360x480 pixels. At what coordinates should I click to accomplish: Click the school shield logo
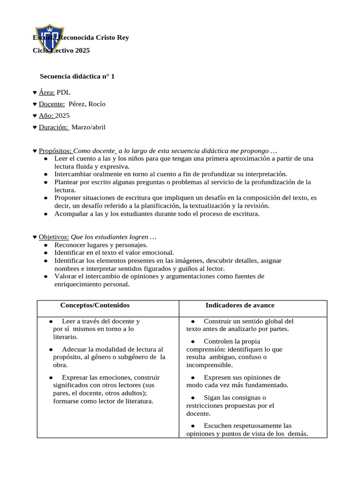[x=48, y=39]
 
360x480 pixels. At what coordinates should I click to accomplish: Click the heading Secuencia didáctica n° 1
[x=77, y=75]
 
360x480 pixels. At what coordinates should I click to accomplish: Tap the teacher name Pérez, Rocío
[x=87, y=104]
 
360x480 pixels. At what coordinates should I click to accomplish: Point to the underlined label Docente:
[x=52, y=104]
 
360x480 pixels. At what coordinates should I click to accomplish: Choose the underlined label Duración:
[x=54, y=127]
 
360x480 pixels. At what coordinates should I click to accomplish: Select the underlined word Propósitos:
[x=55, y=151]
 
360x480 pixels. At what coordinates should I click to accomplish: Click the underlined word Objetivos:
[x=54, y=237]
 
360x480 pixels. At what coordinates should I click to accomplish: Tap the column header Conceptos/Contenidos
[x=95, y=305]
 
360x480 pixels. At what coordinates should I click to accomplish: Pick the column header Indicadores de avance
[x=240, y=305]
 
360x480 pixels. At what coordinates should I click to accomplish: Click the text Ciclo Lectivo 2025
[x=61, y=50]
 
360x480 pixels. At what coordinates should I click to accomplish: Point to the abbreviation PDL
[x=63, y=92]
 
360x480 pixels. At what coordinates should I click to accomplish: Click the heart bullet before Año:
[x=35, y=116]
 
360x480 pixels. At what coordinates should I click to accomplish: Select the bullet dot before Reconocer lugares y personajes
[x=45, y=245]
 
